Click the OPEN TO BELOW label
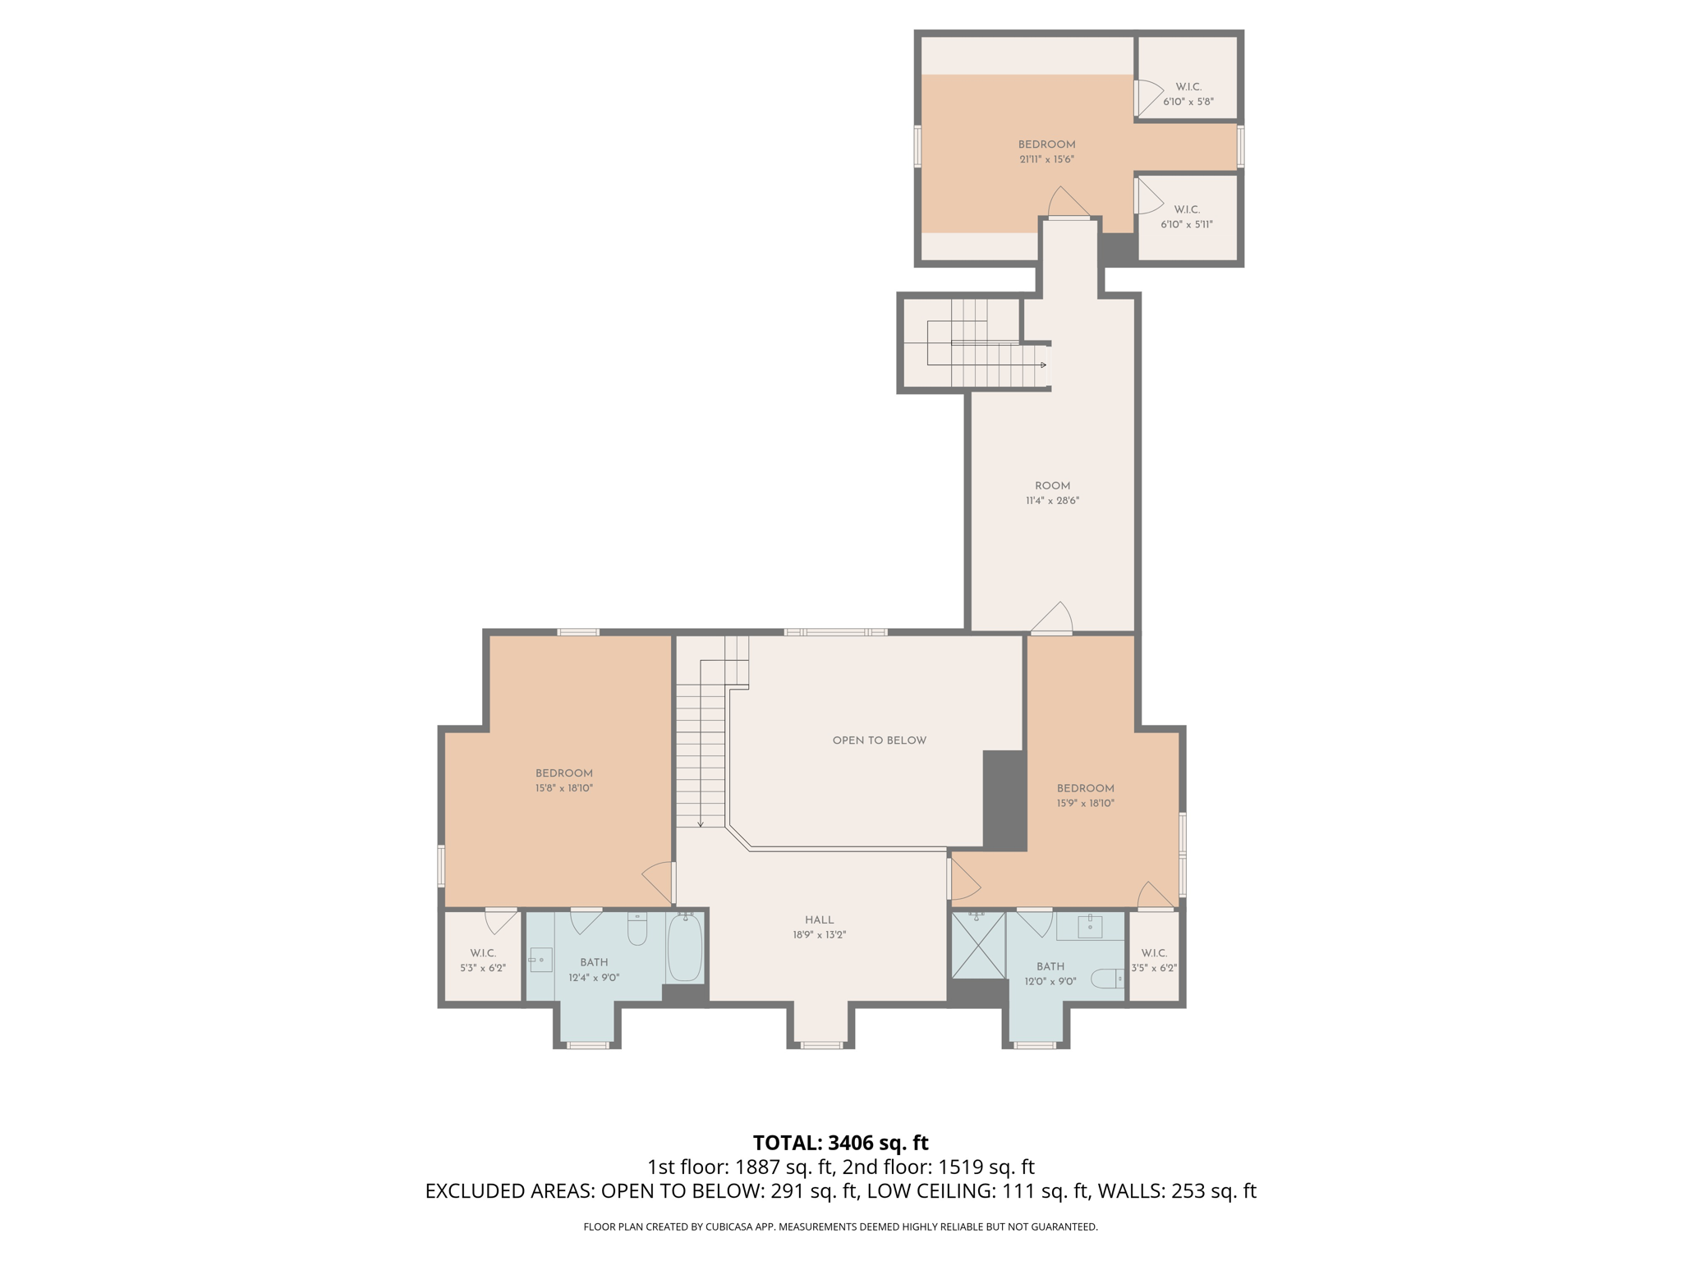coord(879,741)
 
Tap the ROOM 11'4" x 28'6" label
coord(1052,493)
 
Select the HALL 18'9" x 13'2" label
coord(819,927)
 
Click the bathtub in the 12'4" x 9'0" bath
coord(684,948)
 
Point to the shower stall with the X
coord(978,946)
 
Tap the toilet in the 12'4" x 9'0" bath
coord(637,929)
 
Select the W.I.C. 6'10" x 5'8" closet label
coord(1188,94)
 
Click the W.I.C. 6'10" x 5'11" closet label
coord(1187,217)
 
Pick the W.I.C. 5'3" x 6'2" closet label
coord(483,961)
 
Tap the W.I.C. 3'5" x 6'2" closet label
coord(1154,961)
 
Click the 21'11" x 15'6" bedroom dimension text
coord(1046,159)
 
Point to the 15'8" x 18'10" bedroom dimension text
coord(564,788)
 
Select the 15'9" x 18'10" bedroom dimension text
coord(1085,804)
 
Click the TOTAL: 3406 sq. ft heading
coord(840,1143)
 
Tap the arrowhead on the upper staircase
coord(1043,365)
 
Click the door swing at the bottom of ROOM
coord(1055,619)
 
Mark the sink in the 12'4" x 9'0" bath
coord(540,960)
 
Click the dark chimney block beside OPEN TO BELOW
coord(1004,800)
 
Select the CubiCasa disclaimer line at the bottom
coord(840,1227)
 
